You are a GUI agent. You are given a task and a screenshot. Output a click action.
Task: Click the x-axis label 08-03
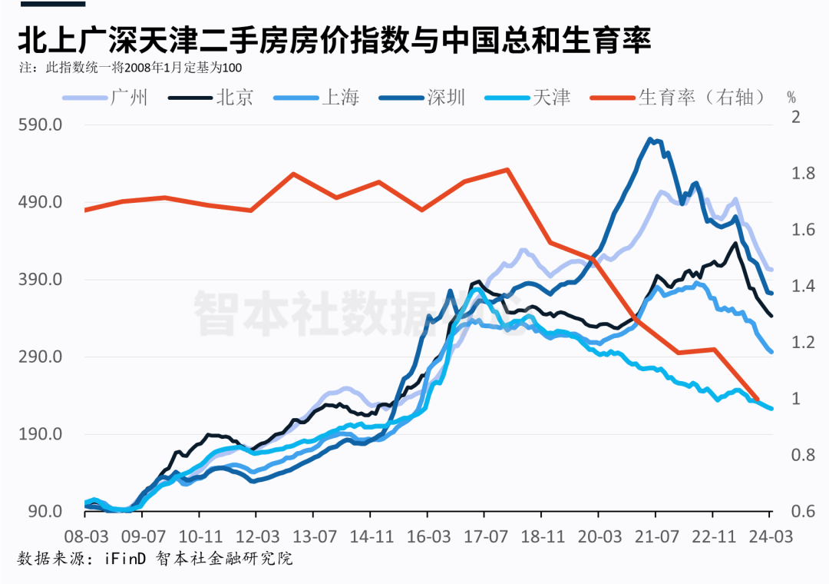[85, 535]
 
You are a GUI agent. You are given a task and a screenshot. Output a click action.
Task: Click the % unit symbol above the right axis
[792, 98]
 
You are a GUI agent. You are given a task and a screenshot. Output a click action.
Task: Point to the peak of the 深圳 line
[650, 139]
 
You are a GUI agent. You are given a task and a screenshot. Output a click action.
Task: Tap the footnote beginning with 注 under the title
[130, 68]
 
